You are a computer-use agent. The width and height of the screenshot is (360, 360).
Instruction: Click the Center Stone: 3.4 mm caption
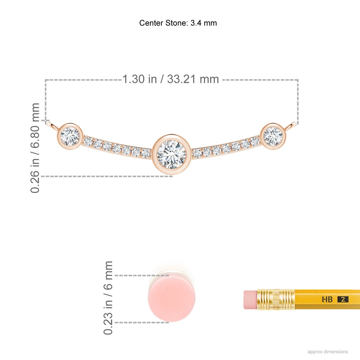point(178,23)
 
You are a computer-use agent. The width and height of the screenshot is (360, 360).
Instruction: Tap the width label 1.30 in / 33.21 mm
point(171,79)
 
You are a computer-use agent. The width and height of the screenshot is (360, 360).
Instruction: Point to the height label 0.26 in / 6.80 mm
point(35,148)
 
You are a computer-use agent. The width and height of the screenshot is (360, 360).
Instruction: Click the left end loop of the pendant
point(53,125)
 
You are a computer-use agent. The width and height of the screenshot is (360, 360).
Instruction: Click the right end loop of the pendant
point(290,125)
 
